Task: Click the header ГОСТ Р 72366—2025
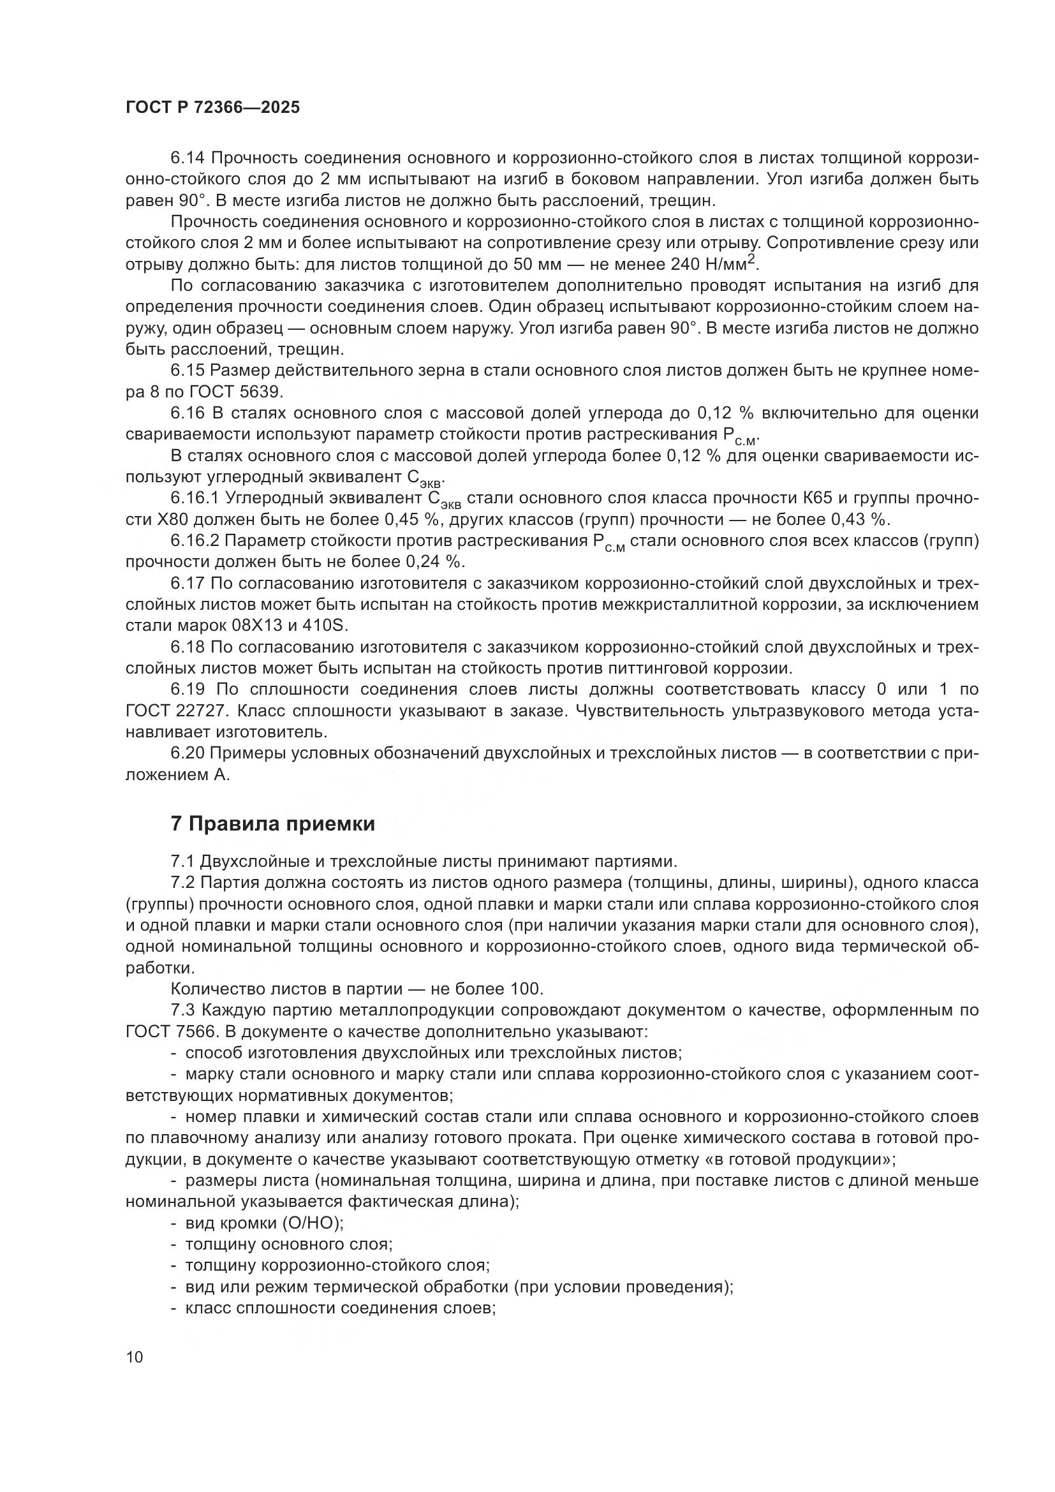tap(212, 108)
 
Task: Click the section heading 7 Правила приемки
tap(273, 824)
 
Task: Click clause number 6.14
tap(188, 158)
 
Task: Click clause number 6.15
tap(188, 371)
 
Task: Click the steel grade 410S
tap(327, 626)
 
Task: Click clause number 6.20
tap(188, 753)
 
